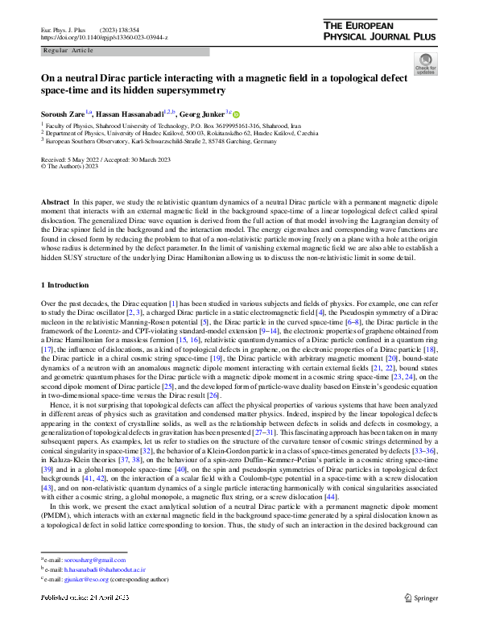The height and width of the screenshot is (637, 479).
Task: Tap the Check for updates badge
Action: click(x=425, y=64)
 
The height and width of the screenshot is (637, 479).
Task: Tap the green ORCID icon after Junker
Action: click(x=237, y=114)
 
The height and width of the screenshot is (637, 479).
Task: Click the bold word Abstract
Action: click(x=54, y=199)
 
